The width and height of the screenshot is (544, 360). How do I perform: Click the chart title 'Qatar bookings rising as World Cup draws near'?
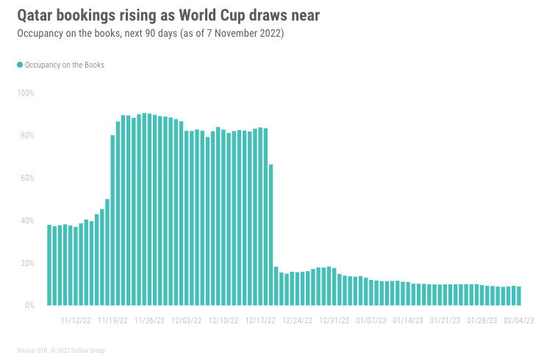tap(168, 15)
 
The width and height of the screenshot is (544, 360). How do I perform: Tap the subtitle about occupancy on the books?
tap(153, 33)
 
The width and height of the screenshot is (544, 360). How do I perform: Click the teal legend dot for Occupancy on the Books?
tap(20, 65)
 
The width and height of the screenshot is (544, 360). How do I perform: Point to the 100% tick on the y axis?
tap(26, 93)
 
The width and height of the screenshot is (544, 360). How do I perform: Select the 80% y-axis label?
tap(27, 136)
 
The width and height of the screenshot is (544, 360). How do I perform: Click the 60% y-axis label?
tap(27, 179)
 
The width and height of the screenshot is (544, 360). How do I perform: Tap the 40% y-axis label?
tap(27, 220)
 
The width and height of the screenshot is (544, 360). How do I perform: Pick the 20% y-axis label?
tap(27, 263)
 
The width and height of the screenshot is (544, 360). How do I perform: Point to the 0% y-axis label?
tap(29, 306)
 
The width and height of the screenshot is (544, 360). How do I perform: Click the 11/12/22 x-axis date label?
tap(75, 320)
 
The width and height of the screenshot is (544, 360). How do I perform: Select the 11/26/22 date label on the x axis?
tap(149, 320)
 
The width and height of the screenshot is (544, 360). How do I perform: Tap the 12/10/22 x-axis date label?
tap(223, 320)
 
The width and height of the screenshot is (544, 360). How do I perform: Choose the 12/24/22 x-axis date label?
tap(298, 320)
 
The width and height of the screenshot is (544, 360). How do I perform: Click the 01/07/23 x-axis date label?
tap(371, 320)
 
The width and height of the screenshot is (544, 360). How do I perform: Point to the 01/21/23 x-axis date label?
tap(445, 320)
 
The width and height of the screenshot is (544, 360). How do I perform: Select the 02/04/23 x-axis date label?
tap(518, 320)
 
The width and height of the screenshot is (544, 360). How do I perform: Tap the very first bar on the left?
tap(49, 265)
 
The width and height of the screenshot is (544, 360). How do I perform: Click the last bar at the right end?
tap(519, 296)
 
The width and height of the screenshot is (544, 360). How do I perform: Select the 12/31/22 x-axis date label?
tap(334, 320)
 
